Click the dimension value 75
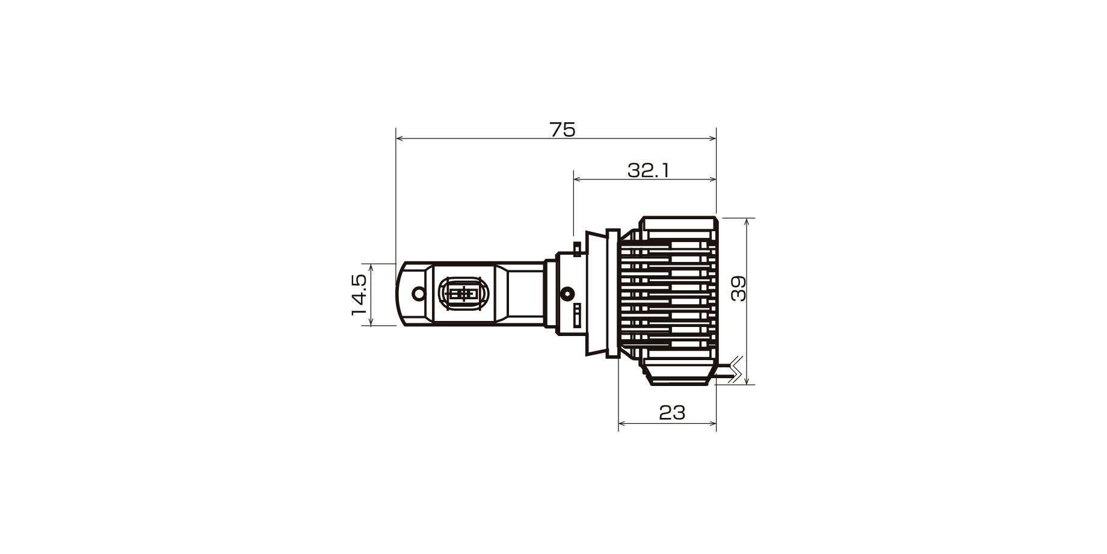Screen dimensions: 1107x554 pos(563,129)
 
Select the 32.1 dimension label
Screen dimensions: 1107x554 pos(649,171)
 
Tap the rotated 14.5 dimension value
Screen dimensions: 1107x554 pos(359,294)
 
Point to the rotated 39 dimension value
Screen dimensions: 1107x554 pos(738,288)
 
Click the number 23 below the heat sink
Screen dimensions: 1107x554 pos(672,413)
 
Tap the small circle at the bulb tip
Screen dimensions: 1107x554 pos(418,294)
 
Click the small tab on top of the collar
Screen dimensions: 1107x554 pos(578,248)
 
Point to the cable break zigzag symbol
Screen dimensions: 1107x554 pos(735,369)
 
